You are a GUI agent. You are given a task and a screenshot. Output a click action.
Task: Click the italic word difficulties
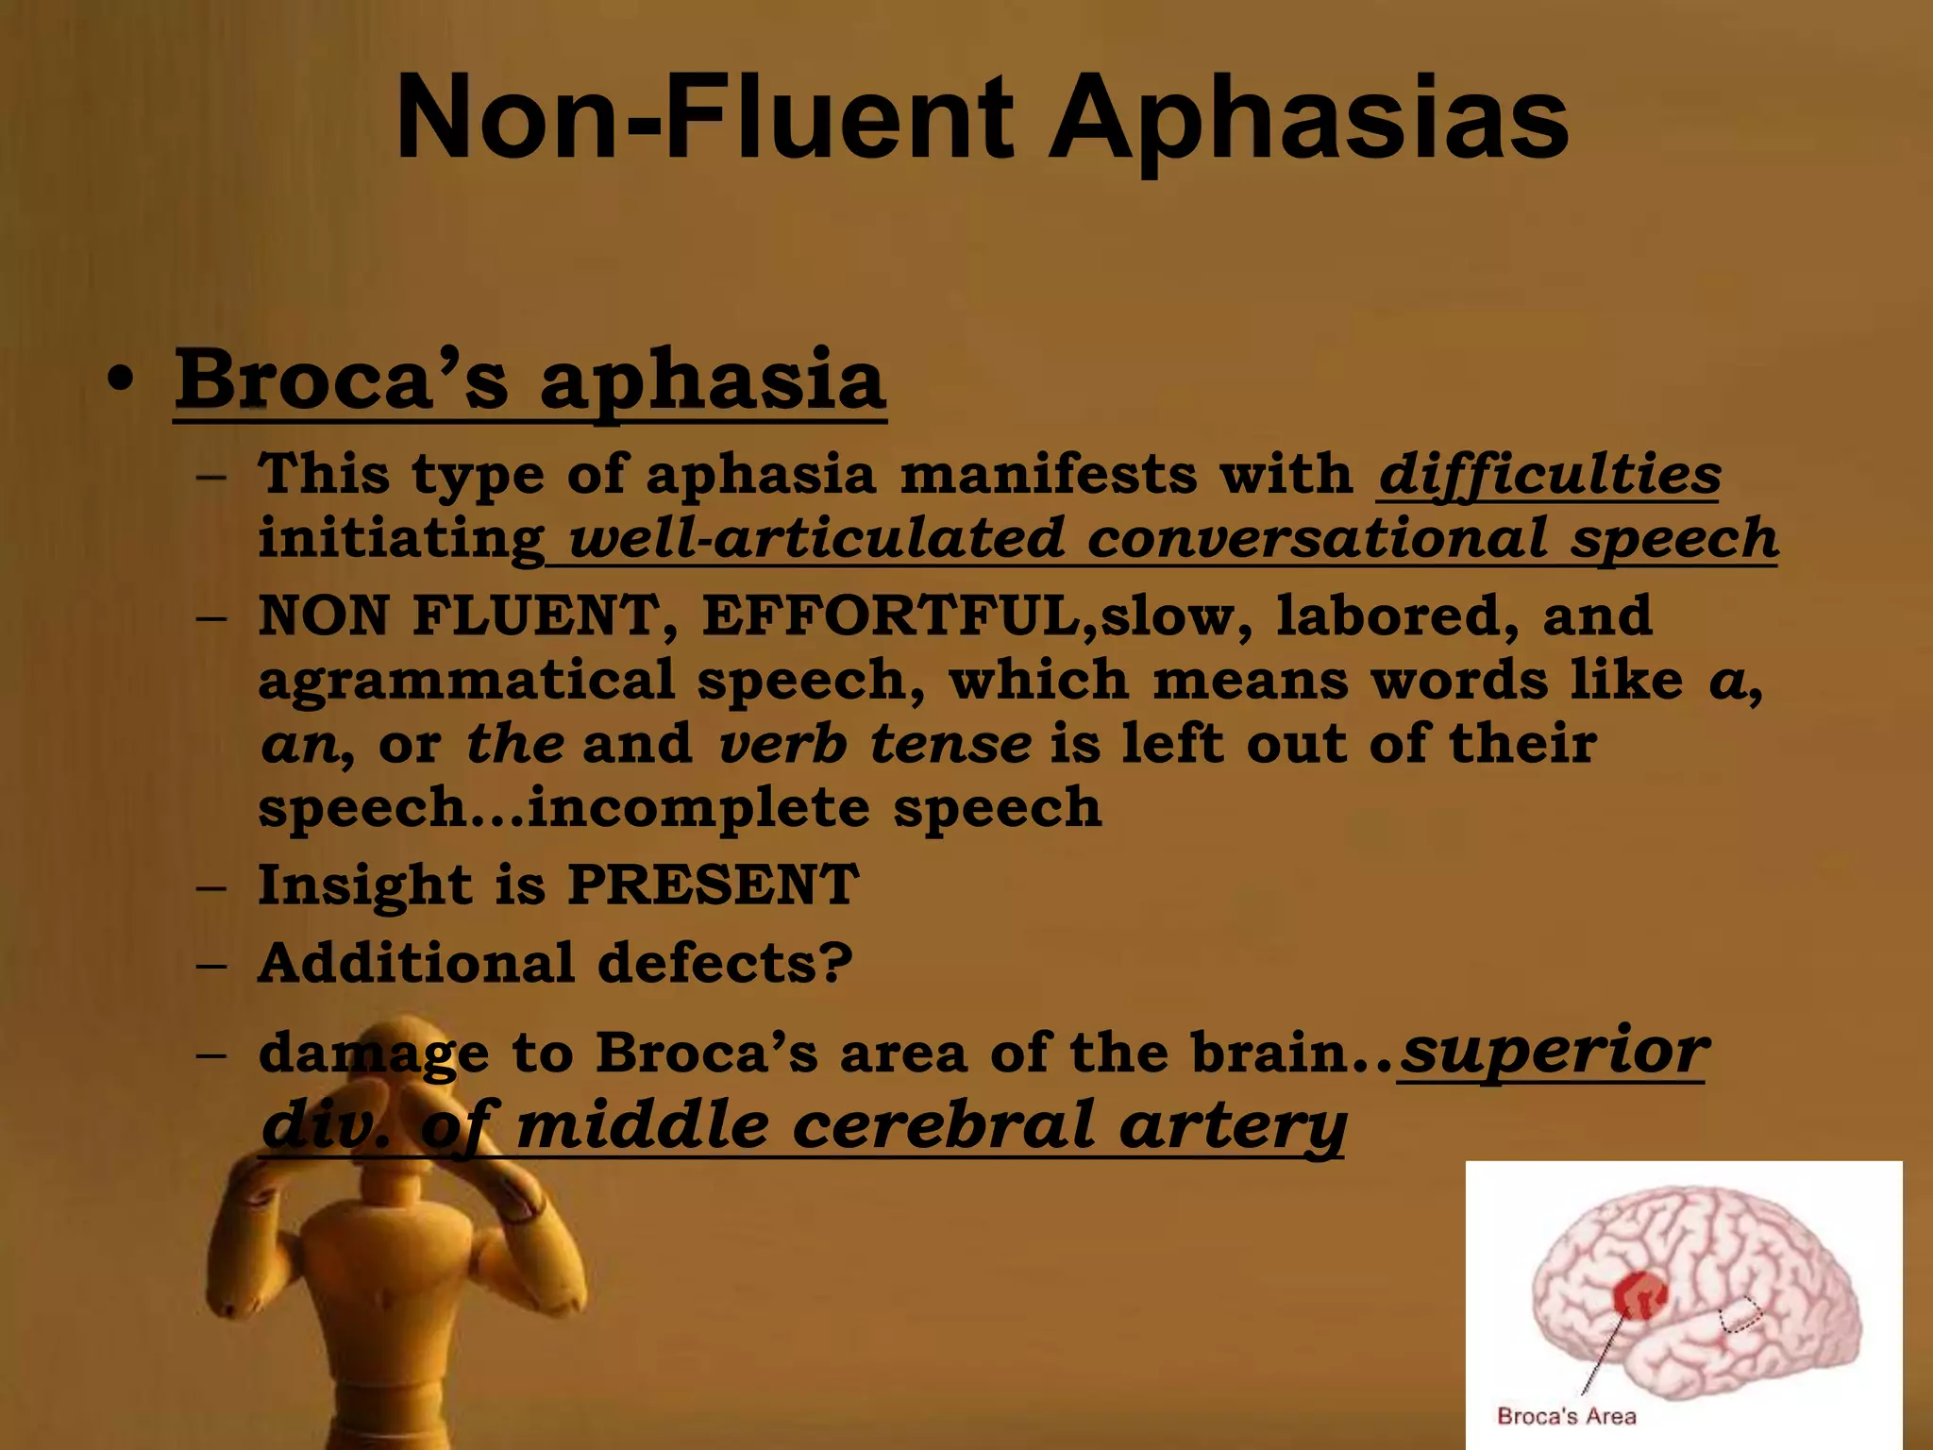[1549, 474]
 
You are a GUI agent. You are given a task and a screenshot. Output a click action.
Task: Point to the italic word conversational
[1318, 538]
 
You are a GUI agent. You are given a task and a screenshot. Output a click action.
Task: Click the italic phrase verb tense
[874, 744]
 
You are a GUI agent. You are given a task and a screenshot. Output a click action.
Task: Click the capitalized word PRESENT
[713, 885]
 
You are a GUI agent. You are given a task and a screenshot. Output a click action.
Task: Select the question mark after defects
[836, 963]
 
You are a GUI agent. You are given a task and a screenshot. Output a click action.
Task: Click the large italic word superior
[1553, 1050]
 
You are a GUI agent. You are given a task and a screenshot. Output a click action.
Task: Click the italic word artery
[1232, 1127]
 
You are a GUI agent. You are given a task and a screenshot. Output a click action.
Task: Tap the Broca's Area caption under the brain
[1567, 1416]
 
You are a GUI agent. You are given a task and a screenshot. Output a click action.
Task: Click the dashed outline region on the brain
[1740, 1314]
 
